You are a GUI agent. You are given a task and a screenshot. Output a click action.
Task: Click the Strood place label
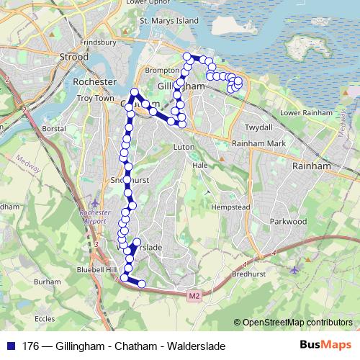click(x=73, y=57)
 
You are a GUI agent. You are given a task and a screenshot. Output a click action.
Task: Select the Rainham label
click(x=310, y=165)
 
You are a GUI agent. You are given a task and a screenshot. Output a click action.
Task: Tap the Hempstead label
click(x=231, y=206)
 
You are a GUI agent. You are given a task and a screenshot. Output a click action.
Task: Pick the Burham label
click(x=47, y=282)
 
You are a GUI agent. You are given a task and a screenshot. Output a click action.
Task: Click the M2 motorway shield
click(x=194, y=295)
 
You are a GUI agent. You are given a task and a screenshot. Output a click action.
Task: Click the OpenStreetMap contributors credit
click(x=297, y=323)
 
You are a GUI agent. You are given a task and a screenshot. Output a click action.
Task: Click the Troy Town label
click(x=96, y=97)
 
